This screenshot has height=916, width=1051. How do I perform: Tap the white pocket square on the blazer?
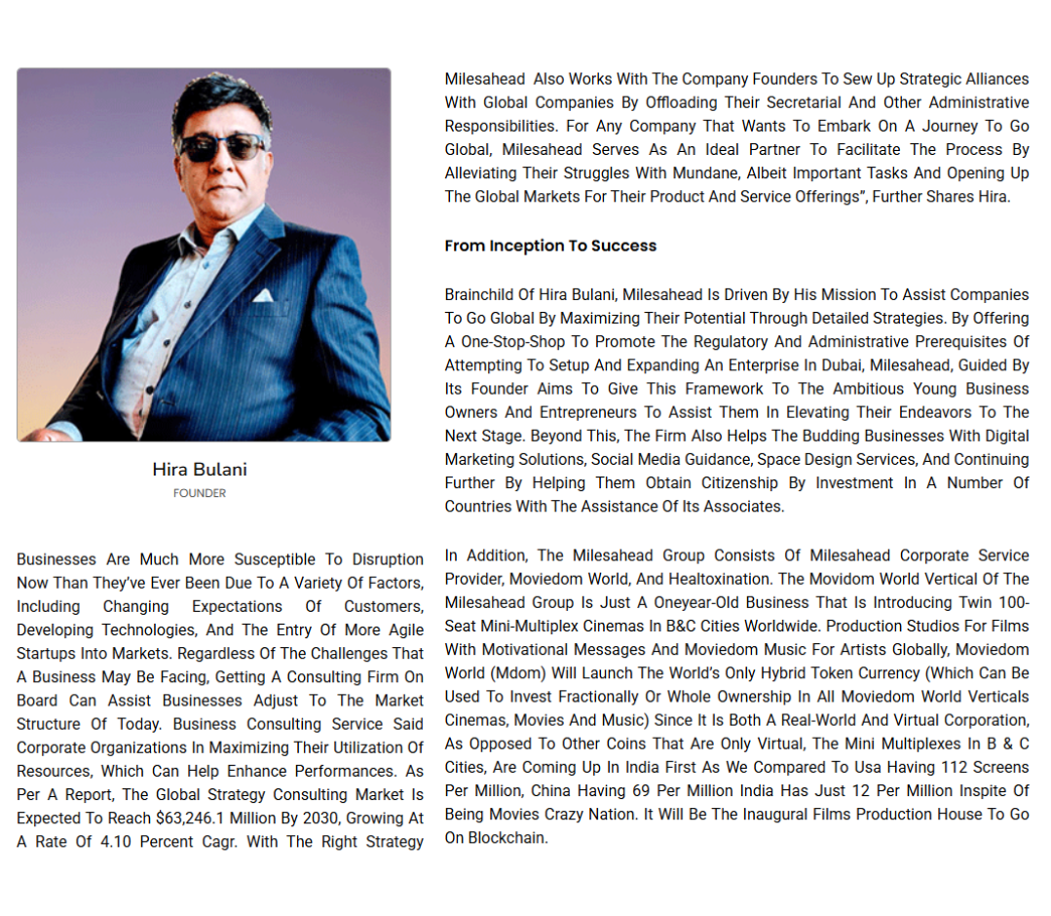[263, 295]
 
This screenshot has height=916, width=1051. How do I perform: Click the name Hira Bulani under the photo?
[200, 470]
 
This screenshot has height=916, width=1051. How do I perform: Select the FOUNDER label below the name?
[200, 493]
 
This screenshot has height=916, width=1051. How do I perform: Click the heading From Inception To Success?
[550, 247]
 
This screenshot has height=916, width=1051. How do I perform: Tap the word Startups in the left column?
[49, 654]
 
